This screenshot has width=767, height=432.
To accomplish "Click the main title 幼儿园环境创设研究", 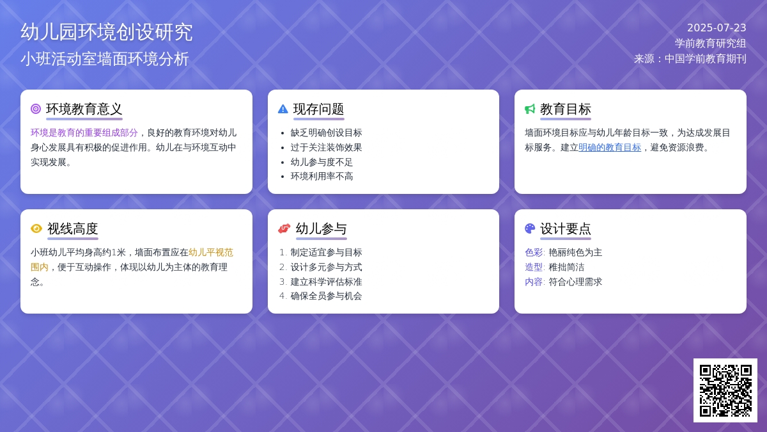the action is pyautogui.click(x=107, y=32).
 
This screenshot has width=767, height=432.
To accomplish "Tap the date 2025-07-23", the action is pyautogui.click(x=717, y=28).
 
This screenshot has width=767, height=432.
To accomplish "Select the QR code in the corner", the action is pyautogui.click(x=725, y=390).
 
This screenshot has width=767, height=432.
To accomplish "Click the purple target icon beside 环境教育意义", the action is pyautogui.click(x=36, y=109).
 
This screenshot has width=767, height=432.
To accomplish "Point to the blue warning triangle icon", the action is pyautogui.click(x=283, y=109).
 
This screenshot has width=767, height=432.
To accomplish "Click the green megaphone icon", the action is pyautogui.click(x=530, y=109).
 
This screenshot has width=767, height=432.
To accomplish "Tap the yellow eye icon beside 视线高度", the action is pyautogui.click(x=36, y=228).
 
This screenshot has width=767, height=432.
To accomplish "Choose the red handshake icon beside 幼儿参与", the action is pyautogui.click(x=284, y=228).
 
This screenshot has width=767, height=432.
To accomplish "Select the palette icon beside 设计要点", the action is pyautogui.click(x=530, y=228).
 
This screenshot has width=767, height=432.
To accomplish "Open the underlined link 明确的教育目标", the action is pyautogui.click(x=610, y=147).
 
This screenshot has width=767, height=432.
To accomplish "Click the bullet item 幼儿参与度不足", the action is pyautogui.click(x=322, y=162).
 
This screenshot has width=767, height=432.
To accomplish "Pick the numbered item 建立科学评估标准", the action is pyautogui.click(x=326, y=282).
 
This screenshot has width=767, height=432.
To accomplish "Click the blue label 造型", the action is pyautogui.click(x=534, y=267).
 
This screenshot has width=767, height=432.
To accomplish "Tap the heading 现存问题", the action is pyautogui.click(x=318, y=109).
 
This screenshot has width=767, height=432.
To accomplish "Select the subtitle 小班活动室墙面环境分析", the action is pyautogui.click(x=104, y=59).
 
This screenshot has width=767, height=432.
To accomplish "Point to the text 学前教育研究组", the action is pyautogui.click(x=711, y=44).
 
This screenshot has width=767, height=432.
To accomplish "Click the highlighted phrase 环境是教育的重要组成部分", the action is pyautogui.click(x=84, y=132).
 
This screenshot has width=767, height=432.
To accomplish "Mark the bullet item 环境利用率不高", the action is pyautogui.click(x=322, y=176).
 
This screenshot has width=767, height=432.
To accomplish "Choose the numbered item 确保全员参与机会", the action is pyautogui.click(x=326, y=296).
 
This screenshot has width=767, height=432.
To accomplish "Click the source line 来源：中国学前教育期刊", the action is pyautogui.click(x=690, y=59).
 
